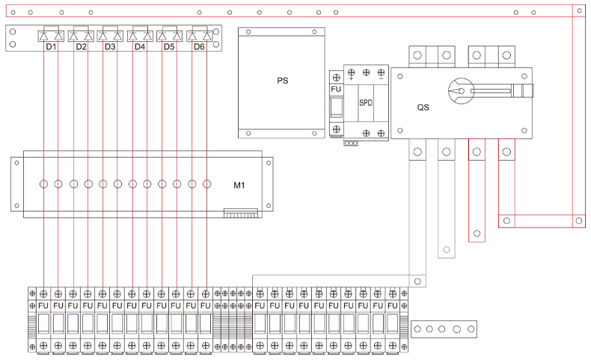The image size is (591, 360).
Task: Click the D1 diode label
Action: [x=51, y=47]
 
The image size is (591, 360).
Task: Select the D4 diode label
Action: [x=140, y=47]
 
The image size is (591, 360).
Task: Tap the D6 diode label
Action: [x=199, y=47]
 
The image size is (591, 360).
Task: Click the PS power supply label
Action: [x=282, y=80]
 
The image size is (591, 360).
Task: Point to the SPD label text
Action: [x=367, y=102]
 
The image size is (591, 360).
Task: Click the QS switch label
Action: [x=423, y=107]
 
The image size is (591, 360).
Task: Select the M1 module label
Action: [x=239, y=184]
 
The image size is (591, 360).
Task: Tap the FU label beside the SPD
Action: [x=336, y=90]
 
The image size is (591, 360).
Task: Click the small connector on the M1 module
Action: [x=240, y=213]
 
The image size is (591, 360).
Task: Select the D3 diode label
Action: [x=110, y=47]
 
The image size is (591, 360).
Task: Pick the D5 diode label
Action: [x=169, y=47]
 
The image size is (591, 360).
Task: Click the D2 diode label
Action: [x=81, y=47]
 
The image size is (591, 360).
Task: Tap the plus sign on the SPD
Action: [x=352, y=78]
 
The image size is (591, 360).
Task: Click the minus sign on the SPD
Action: [x=382, y=78]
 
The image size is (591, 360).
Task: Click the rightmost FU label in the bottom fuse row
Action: [x=392, y=305]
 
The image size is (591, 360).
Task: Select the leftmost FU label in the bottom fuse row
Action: [x=43, y=305]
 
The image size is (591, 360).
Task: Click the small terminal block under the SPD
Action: [x=351, y=142]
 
